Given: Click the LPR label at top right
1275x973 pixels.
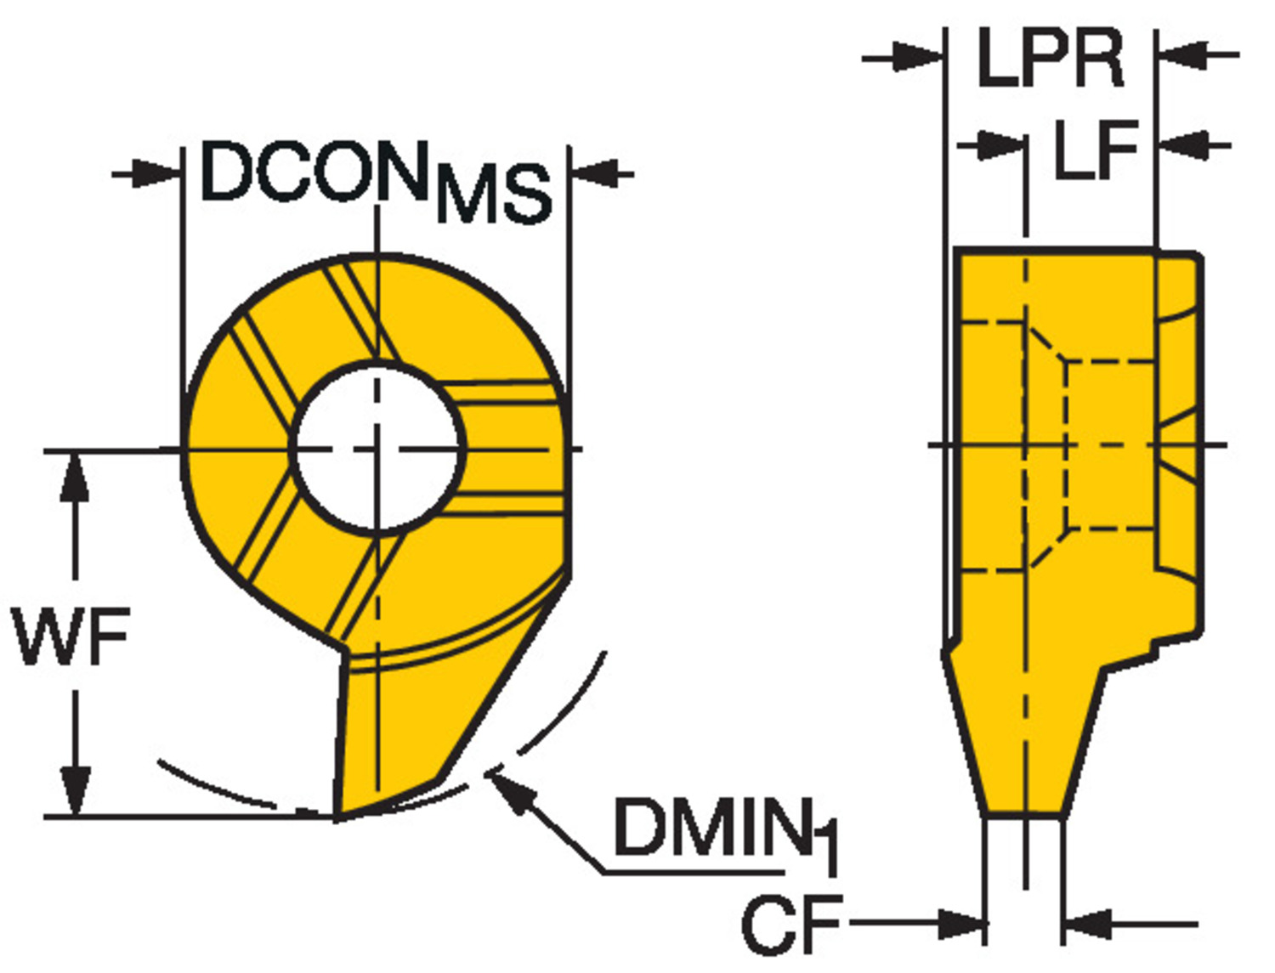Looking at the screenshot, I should tap(1051, 57).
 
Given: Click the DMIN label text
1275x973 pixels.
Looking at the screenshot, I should tap(711, 829).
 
